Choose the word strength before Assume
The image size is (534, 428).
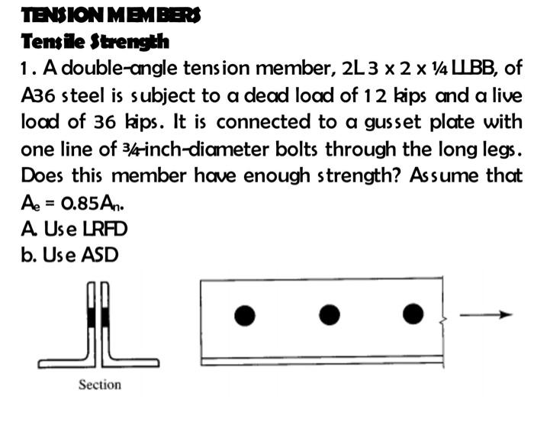(363, 175)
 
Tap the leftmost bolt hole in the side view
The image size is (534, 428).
(245, 314)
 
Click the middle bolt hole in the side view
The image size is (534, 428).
(330, 314)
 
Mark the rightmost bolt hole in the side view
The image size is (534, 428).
(413, 314)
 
